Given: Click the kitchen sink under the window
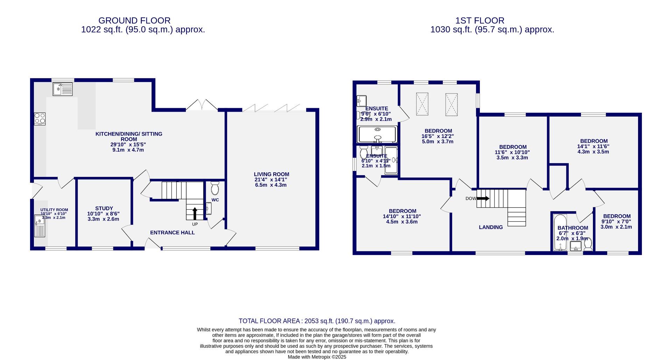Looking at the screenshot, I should point(63,89).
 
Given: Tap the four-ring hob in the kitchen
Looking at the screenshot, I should point(40,119).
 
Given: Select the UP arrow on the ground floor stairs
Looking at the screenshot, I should point(195,214).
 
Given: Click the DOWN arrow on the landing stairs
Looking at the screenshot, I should point(483,198).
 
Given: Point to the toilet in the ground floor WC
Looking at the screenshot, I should point(215,188).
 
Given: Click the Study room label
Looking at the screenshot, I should point(104,208).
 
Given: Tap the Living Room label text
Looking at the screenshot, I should point(272,174).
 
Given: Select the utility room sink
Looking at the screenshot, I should point(40,226).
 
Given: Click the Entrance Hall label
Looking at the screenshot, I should point(172,233).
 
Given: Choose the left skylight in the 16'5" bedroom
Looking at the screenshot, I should point(422,104).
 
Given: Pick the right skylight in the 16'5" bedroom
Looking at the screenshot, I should point(451,104).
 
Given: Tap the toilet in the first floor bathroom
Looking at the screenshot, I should point(588,244).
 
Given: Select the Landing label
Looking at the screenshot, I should point(491,227).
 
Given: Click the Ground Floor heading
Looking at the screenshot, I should point(134,21).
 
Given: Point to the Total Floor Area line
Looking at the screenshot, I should point(317,321).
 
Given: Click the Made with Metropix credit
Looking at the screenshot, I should point(317,357).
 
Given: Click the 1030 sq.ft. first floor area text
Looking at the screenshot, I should point(492,30).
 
